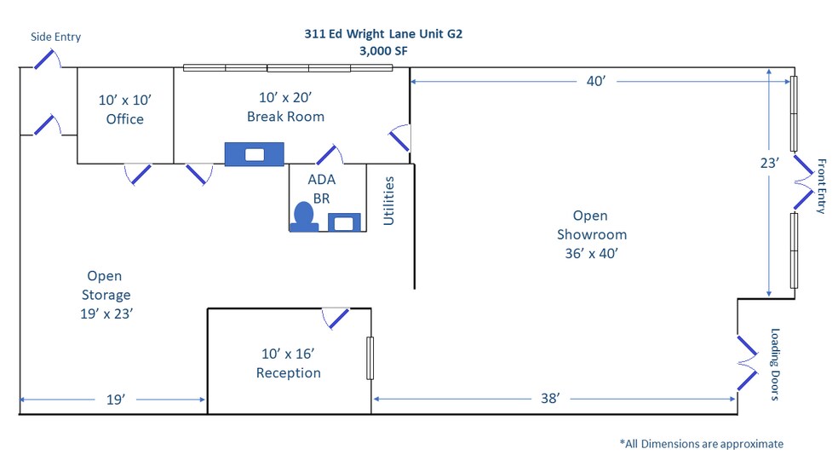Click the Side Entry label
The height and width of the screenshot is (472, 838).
(55, 37)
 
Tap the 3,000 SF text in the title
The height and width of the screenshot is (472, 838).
(383, 51)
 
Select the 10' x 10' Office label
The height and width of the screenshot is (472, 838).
(125, 109)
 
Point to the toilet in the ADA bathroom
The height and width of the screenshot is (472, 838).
(304, 216)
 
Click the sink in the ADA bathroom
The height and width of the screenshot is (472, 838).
(344, 222)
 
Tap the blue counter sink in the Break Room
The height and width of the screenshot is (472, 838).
(254, 154)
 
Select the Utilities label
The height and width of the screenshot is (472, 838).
(388, 201)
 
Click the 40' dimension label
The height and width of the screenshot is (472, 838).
(596, 81)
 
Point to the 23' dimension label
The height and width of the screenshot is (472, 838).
(770, 163)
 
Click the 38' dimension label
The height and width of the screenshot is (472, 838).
(550, 398)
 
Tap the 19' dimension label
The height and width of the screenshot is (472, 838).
(116, 400)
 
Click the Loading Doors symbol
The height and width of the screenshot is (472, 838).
(747, 363)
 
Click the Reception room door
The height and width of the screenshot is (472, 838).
(336, 318)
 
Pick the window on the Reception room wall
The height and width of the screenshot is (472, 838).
(370, 358)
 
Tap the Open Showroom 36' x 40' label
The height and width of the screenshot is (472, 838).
(591, 234)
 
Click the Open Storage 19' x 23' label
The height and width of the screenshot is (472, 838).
(106, 295)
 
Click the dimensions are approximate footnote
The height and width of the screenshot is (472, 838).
(701, 444)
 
